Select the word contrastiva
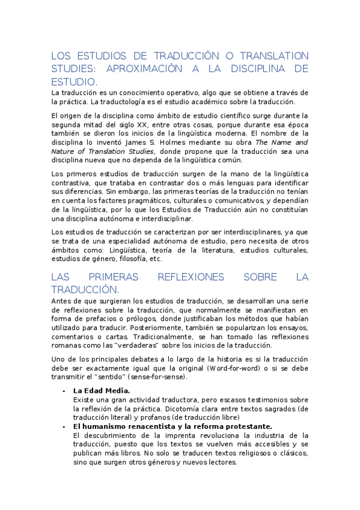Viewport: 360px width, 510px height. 72,182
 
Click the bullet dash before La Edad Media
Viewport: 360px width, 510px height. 65,390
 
